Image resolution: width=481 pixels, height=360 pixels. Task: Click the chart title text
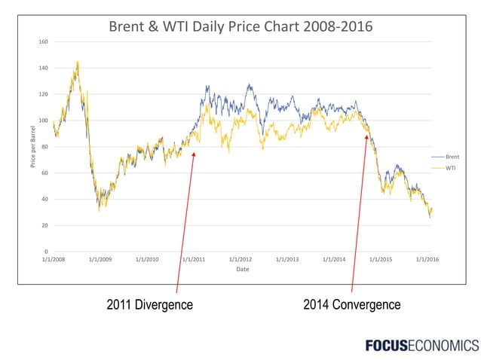click(241, 27)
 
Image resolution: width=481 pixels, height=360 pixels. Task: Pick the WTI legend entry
click(449, 167)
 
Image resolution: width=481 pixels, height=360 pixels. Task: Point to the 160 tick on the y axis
click(44, 41)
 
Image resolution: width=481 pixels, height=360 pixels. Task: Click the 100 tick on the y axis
click(44, 121)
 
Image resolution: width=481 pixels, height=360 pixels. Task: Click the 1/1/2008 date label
click(53, 260)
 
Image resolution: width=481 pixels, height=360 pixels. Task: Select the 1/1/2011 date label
click(194, 260)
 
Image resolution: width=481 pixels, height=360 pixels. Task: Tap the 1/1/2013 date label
click(287, 260)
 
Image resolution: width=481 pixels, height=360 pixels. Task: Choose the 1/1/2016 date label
click(427, 260)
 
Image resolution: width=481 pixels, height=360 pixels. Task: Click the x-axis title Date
click(242, 270)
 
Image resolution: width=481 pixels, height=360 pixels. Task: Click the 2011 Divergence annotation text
click(149, 305)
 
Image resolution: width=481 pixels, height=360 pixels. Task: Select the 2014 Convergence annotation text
click(351, 305)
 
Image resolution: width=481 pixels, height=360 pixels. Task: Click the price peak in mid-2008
click(78, 63)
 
